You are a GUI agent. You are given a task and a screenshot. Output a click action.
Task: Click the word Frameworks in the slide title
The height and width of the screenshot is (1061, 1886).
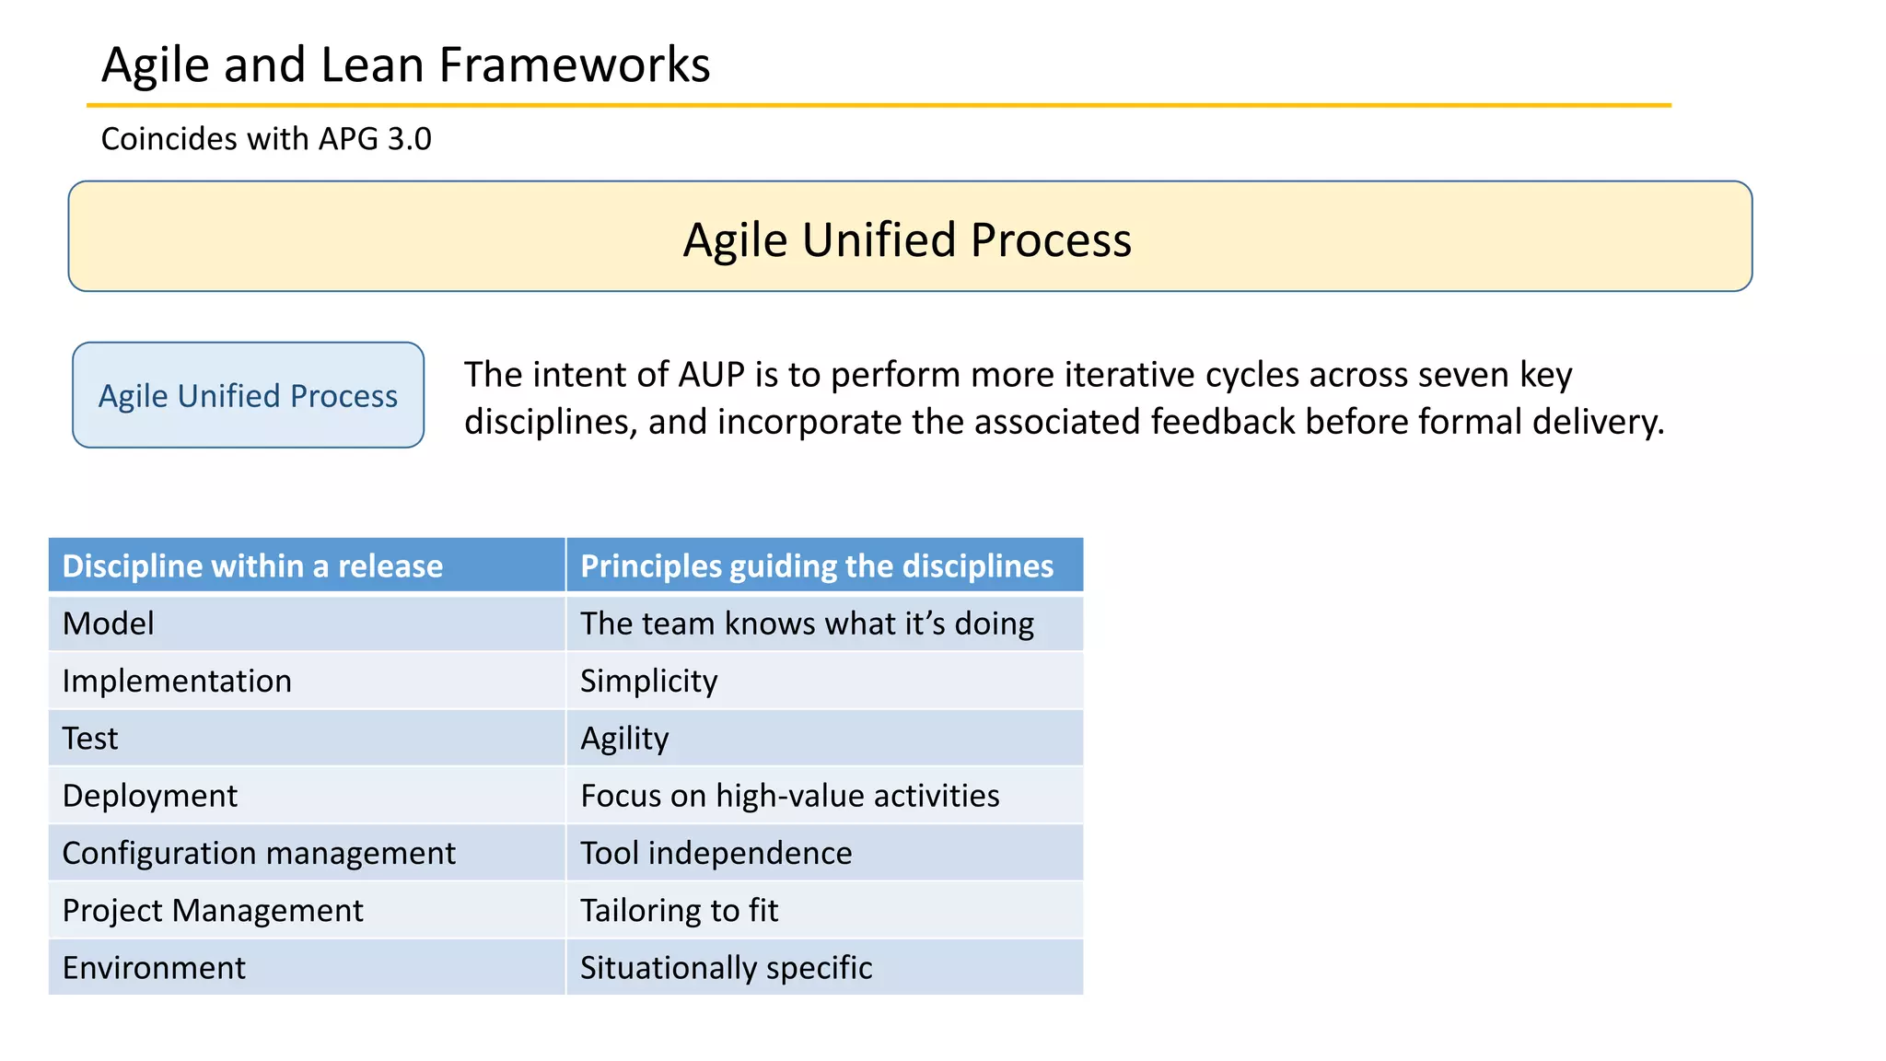574,65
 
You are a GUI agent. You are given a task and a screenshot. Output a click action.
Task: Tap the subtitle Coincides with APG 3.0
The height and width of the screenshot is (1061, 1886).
265,139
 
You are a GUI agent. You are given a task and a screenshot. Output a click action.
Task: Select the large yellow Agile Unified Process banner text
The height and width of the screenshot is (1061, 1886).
907,239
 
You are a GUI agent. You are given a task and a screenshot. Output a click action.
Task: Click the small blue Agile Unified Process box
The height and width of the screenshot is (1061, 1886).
248,396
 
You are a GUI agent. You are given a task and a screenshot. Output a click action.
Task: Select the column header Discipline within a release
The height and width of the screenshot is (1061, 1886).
252,565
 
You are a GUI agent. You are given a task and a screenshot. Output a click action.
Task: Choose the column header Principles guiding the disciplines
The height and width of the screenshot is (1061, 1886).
817,565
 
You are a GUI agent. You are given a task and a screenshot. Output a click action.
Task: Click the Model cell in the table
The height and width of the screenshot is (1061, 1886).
108,624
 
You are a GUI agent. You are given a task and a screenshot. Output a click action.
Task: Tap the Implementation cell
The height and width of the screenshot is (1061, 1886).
177,681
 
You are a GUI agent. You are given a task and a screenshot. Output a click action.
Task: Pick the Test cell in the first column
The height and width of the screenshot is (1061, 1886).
90,739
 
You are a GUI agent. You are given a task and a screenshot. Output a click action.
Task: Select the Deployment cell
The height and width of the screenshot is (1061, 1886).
150,796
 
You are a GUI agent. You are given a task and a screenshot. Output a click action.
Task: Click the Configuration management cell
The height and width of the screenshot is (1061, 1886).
259,853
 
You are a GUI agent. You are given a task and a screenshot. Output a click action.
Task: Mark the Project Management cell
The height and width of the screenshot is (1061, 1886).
213,911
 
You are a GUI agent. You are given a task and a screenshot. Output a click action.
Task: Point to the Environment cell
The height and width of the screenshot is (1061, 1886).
154,968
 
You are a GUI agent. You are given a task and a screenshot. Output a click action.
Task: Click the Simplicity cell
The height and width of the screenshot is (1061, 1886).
648,681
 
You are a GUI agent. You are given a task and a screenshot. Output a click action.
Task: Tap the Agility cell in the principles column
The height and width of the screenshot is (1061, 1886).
624,739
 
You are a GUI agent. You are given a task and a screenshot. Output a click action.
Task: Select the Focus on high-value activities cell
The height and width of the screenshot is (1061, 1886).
789,796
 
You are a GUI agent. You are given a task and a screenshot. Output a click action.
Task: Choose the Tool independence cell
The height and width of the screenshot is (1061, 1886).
716,853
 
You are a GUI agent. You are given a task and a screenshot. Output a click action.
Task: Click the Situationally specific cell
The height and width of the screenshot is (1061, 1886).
726,968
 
